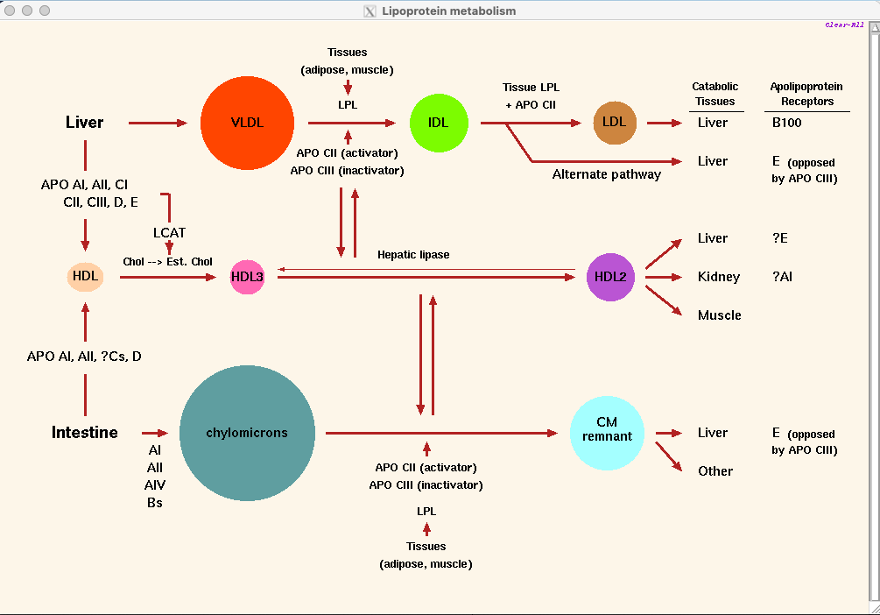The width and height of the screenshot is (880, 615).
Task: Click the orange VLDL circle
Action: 246,123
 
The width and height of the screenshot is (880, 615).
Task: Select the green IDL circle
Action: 439,123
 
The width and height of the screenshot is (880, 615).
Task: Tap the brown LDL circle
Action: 615,123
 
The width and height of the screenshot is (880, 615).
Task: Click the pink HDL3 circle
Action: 247,277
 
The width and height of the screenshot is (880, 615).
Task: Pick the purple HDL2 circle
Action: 610,277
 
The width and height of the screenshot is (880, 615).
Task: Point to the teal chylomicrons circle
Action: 247,433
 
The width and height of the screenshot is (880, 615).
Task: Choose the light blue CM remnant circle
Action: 607,433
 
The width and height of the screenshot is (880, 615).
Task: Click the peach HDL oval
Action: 85,277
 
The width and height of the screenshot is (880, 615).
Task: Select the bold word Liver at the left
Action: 84,123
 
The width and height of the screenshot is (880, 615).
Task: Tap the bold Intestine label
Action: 84,433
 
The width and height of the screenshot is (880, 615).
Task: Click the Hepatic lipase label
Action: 413,255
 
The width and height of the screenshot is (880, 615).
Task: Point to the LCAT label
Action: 169,233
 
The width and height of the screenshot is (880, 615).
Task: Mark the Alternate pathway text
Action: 607,174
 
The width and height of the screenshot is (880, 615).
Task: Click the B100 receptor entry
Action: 786,123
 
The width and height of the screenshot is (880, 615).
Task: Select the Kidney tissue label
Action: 719,277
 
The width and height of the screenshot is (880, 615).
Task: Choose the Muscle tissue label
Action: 719,315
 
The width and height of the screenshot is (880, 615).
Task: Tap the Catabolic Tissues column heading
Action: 715,94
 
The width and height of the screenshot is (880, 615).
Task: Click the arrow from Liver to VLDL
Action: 158,123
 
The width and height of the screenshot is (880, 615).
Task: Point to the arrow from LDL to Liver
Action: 665,123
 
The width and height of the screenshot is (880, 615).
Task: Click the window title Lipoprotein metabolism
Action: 449,11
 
